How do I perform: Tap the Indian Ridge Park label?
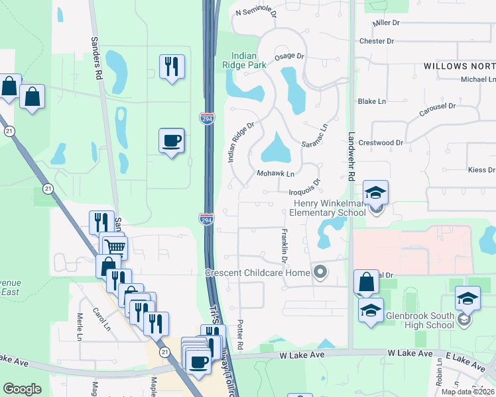click(248, 60)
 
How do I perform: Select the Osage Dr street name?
click(288, 57)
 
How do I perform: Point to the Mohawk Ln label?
click(275, 173)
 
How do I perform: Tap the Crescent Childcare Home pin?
click(322, 272)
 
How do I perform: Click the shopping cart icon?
click(115, 248)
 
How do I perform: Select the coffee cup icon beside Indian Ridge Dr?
click(171, 141)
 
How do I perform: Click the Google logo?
click(23, 389)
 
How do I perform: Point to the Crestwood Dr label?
click(381, 142)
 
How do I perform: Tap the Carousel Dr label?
click(437, 110)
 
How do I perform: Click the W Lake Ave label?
click(302, 355)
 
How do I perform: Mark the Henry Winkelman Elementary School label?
click(327, 207)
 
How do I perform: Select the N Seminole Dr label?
click(255, 12)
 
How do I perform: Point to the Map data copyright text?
click(467, 392)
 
